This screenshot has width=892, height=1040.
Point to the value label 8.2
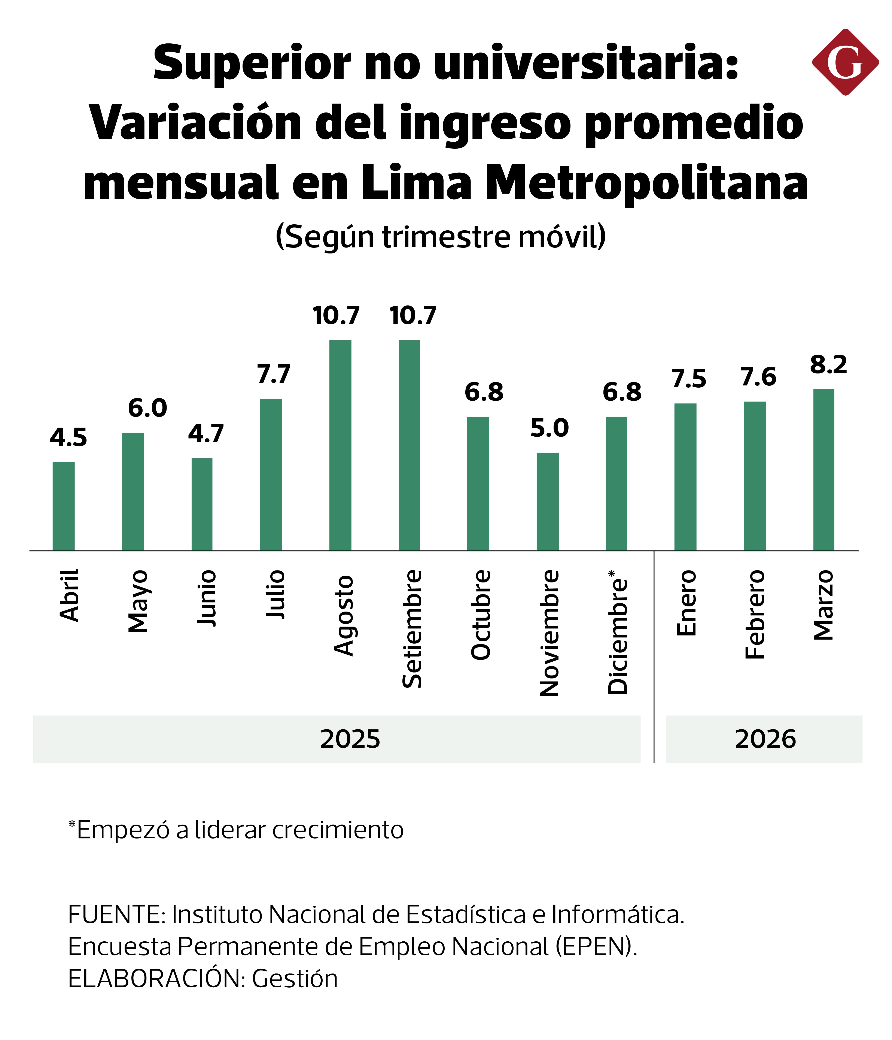pyautogui.click(x=828, y=364)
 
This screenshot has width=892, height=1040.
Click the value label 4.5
pyautogui.click(x=68, y=438)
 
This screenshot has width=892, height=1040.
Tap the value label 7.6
pyautogui.click(x=758, y=377)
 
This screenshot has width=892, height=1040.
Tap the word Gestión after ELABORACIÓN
pyautogui.click(x=295, y=979)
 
